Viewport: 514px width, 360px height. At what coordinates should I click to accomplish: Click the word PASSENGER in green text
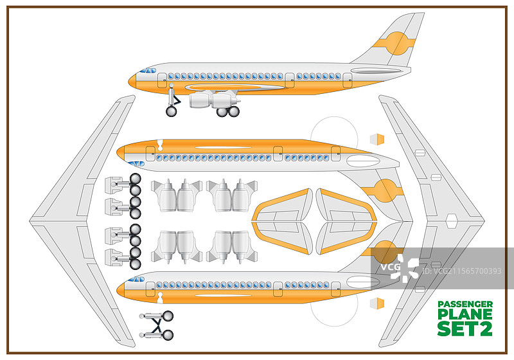pos(465,303)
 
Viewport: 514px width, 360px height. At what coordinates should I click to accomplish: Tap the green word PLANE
pos(465,314)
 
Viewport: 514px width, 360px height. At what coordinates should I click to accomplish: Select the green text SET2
pos(465,328)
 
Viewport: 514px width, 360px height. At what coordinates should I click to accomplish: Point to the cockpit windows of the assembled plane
pos(149,69)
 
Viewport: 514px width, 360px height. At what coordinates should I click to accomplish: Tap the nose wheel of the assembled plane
pos(171,111)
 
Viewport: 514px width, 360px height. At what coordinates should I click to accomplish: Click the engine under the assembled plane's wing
pos(214,101)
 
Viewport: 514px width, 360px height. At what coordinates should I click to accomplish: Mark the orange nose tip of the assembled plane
pos(132,81)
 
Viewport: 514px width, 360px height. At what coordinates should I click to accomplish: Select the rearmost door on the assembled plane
pos(347,80)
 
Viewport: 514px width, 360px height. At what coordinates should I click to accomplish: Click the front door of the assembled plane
pos(162,80)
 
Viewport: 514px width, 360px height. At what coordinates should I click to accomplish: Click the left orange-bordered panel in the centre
pos(283,221)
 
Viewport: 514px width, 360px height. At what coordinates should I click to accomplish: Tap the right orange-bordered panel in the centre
pos(346,221)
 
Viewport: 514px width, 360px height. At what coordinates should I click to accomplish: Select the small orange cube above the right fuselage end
pos(377,139)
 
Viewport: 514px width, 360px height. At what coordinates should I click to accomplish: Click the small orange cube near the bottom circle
pos(377,303)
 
